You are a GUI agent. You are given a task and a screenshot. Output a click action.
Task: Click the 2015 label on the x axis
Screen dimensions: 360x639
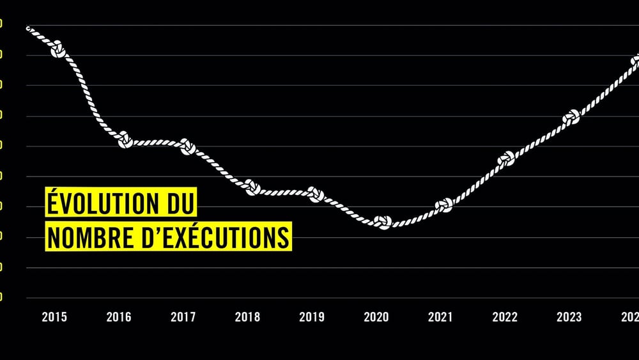pos(54,317)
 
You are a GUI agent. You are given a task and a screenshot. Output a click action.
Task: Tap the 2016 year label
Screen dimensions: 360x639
pos(119,317)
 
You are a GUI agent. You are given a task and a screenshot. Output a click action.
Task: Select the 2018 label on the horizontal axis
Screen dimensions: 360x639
pos(247,317)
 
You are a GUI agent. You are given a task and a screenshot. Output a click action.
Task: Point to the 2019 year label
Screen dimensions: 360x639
pos(312,317)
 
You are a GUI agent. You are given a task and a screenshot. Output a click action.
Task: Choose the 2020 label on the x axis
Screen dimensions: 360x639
pos(376,317)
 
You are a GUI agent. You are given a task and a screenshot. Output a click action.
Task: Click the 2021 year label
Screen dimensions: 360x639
pos(440,317)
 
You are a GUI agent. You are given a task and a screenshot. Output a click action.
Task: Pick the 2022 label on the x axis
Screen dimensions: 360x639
pos(505,317)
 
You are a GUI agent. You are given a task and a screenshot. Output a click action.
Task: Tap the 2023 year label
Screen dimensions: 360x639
pos(569,317)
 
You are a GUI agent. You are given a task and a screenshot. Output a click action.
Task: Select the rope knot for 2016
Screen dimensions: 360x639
pos(125,140)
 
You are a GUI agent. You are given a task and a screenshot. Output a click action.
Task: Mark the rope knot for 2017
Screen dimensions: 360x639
pos(188,146)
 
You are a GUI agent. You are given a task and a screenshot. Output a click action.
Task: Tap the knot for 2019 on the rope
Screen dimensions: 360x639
pos(316,194)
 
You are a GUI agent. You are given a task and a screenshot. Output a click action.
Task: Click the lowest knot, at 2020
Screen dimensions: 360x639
pos(382,222)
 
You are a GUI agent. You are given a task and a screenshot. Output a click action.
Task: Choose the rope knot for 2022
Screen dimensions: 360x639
pos(506,160)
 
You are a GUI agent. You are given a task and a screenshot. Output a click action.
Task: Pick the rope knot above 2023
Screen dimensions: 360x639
pos(571,117)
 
